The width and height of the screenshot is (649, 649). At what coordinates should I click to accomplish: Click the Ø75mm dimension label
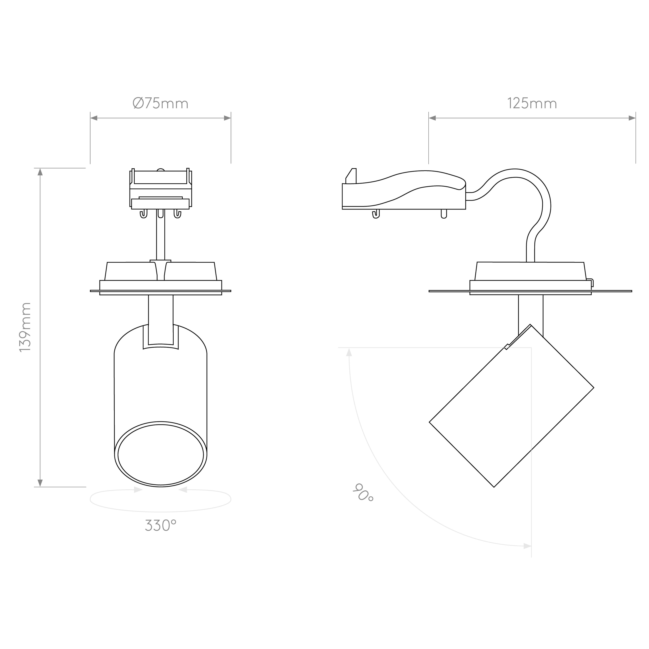point(161,104)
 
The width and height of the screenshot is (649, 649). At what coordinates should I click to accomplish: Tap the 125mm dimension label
point(532,104)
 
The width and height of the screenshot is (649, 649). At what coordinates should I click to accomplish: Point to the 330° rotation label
point(161,525)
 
